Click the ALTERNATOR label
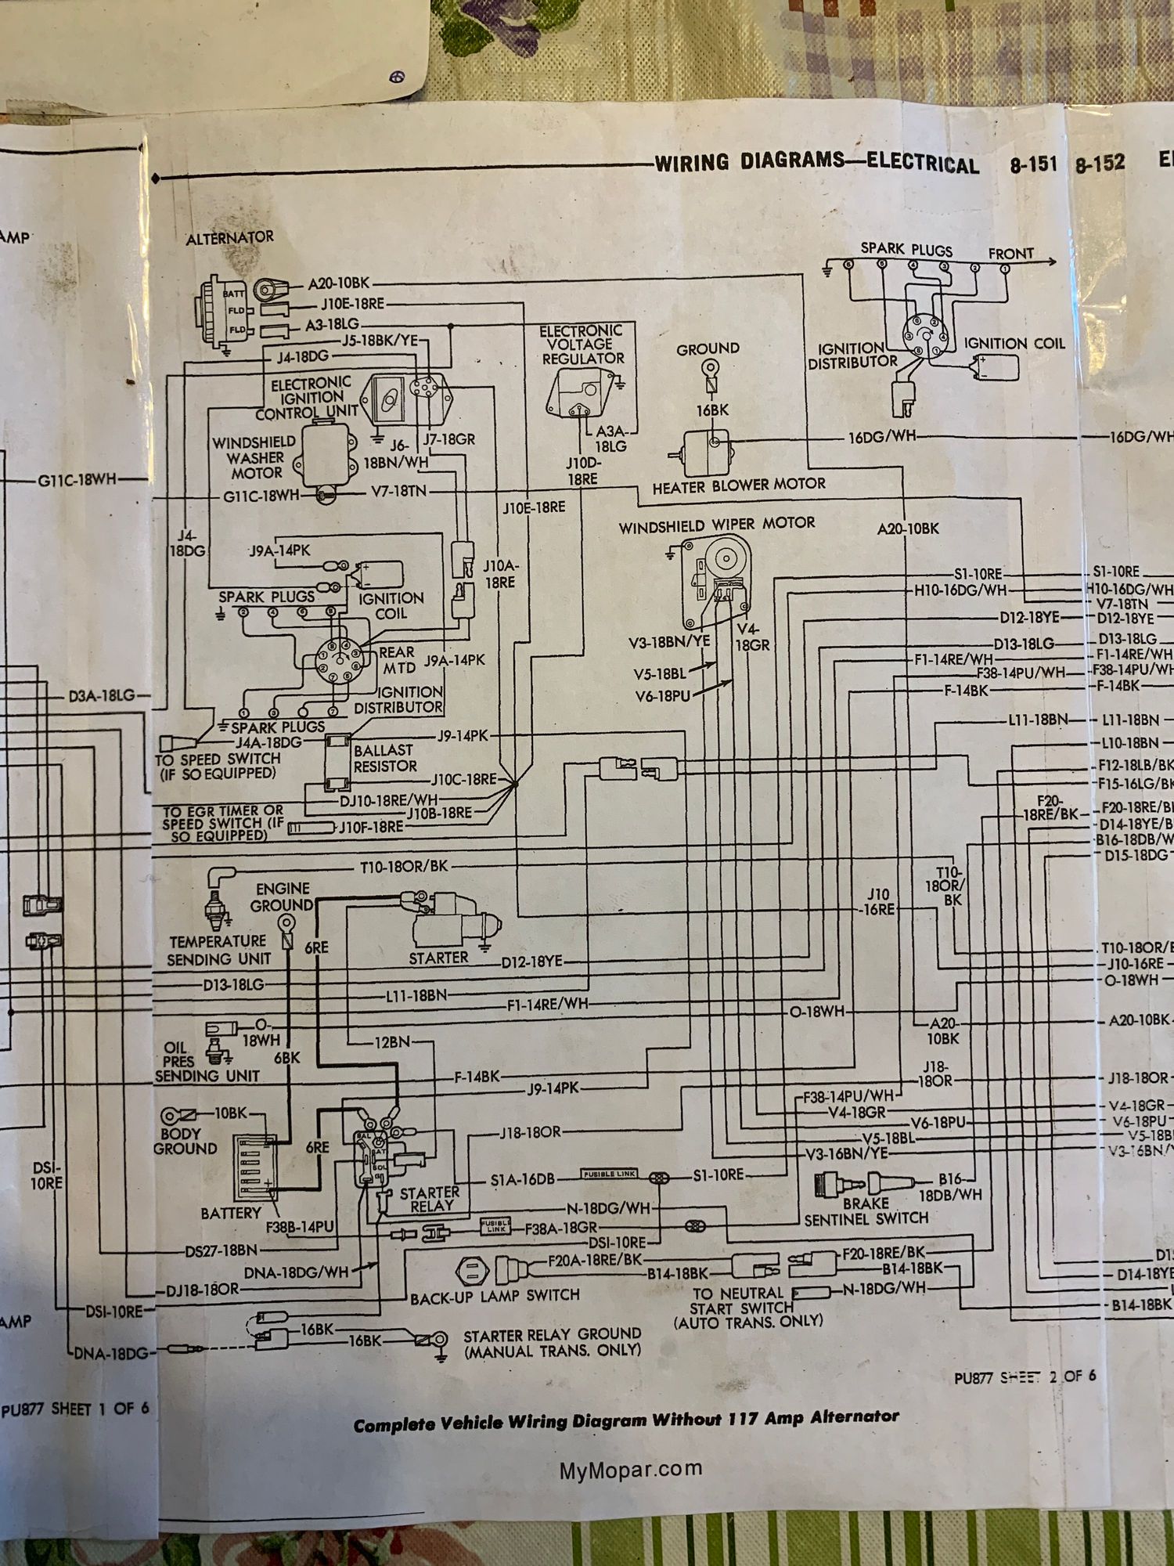click(229, 237)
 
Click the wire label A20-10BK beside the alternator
click(338, 284)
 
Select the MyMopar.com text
click(631, 1470)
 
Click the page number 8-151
click(1033, 164)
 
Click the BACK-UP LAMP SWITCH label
click(495, 1296)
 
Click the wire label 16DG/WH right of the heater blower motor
click(881, 437)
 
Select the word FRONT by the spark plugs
click(1010, 254)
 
